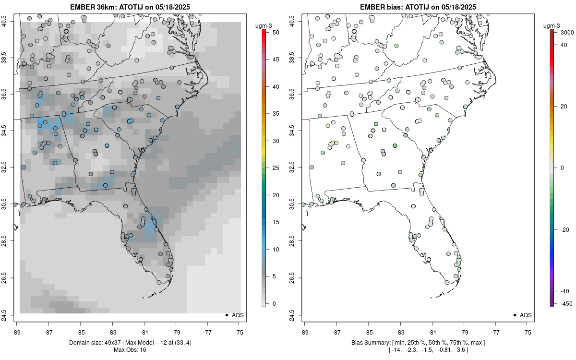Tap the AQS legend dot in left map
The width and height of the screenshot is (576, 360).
(226, 315)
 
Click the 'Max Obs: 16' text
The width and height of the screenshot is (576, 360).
(130, 350)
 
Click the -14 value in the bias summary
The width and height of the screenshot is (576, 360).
(397, 350)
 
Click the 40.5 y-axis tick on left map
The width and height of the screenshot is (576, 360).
(10, 21)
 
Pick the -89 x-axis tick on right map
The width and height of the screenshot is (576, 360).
(304, 331)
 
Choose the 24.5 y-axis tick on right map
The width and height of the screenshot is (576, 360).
(292, 315)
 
